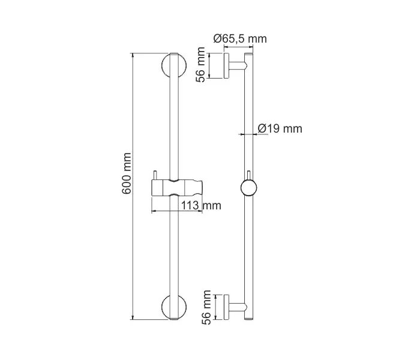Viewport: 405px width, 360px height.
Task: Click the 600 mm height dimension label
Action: point(127,180)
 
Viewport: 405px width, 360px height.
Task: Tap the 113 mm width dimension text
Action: point(201,206)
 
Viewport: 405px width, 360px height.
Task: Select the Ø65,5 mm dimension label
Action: point(240,39)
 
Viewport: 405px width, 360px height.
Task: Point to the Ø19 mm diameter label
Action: point(280,128)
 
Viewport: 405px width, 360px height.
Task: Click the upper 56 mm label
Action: point(202,66)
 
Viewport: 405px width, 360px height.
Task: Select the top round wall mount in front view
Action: point(173,65)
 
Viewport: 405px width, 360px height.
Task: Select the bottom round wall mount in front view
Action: point(173,307)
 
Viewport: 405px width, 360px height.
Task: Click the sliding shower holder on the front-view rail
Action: point(176,187)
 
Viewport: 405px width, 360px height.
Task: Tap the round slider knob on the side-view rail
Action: point(248,188)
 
